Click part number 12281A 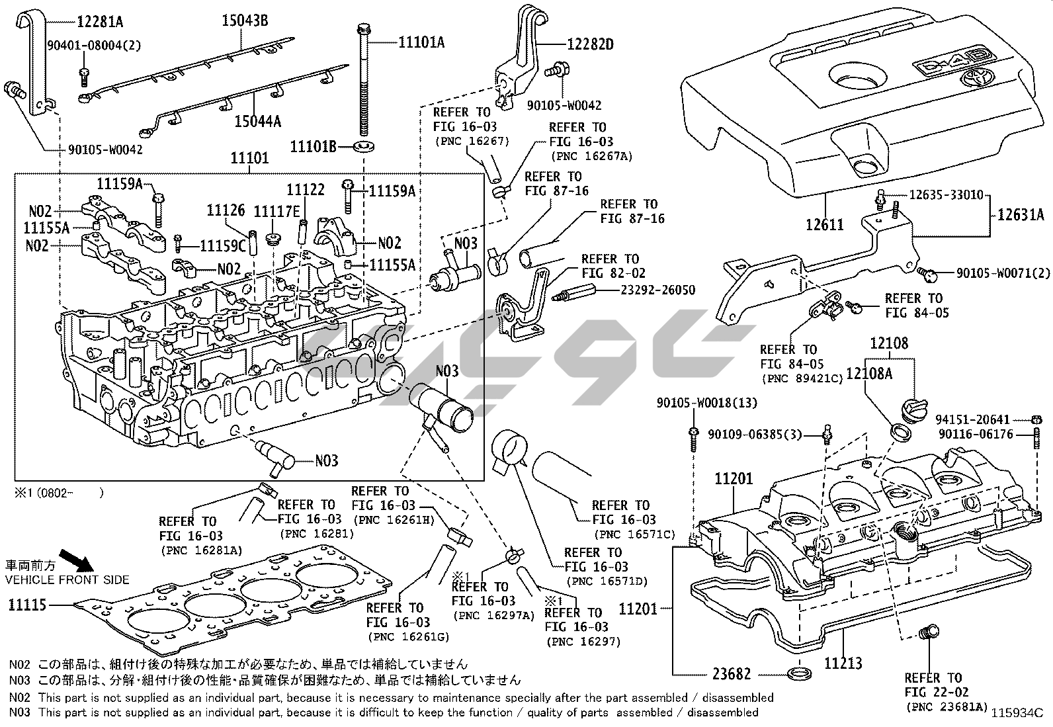click(99, 21)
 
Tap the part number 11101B click(314, 146)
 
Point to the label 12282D click(590, 44)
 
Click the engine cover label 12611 click(824, 224)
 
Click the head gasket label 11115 click(28, 604)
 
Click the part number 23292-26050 click(658, 290)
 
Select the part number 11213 click(843, 661)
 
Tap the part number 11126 click(226, 210)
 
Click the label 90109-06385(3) click(755, 434)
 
